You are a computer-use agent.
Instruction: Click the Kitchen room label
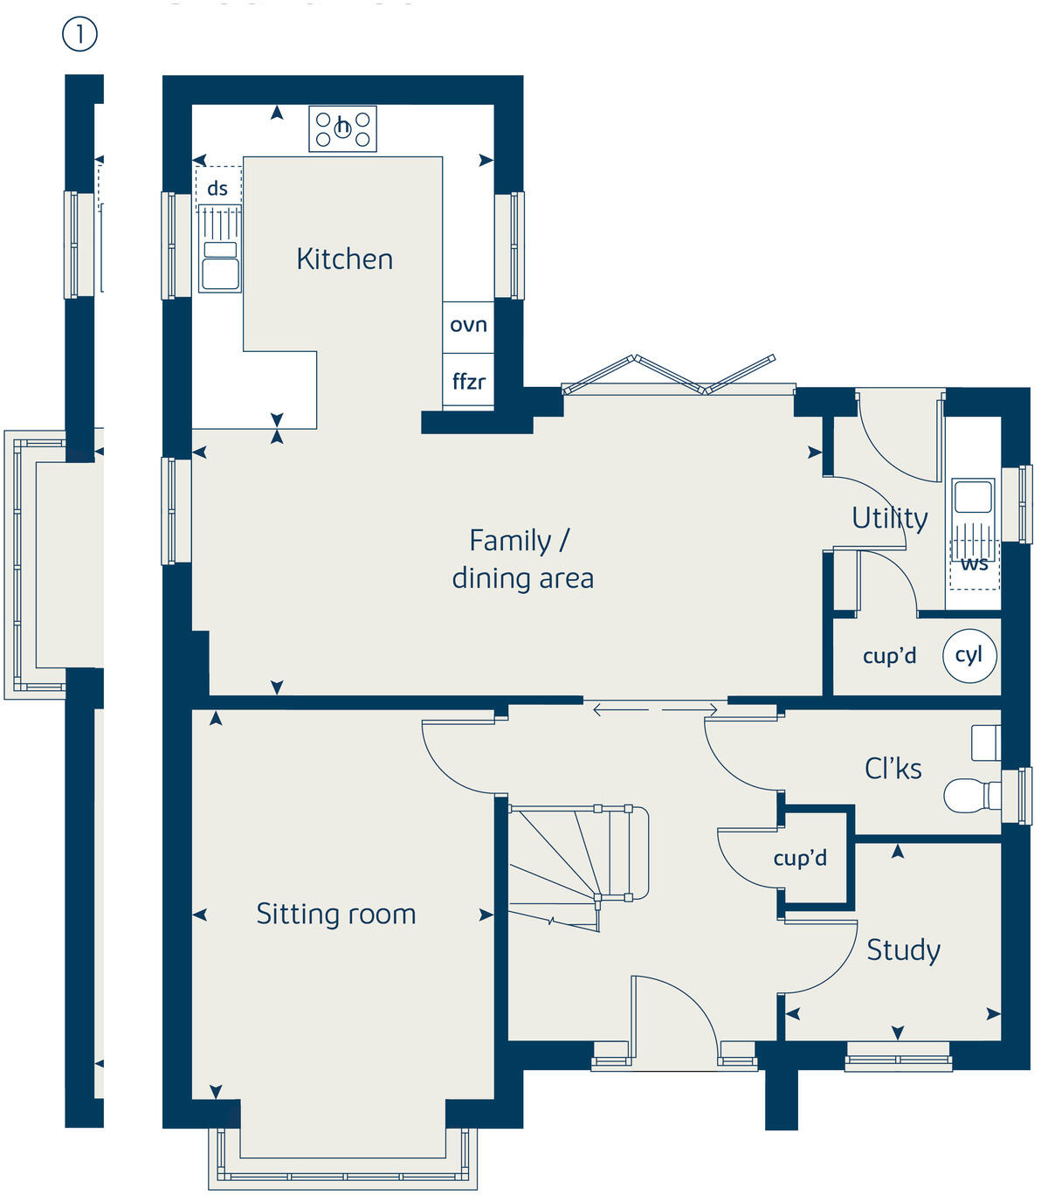pos(344,259)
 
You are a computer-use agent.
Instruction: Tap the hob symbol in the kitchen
pos(342,129)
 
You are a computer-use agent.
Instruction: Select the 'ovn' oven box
pos(468,326)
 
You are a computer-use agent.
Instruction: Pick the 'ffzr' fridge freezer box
pos(468,382)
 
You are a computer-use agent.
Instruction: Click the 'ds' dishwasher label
pos(217,188)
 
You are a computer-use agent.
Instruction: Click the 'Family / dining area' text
pos(522,559)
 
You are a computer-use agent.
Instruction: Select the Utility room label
pos(889,518)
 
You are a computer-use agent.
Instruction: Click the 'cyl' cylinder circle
pos(969,655)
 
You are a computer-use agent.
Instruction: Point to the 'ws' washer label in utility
pos(974,563)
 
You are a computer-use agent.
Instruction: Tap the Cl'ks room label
pos(893,769)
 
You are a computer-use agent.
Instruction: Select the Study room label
pos(903,950)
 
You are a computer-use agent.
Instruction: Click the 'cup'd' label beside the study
pos(799,858)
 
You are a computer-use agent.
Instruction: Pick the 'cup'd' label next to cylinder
pos(889,656)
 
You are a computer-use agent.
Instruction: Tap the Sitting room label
pos(335,915)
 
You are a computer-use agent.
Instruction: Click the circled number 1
pos(79,35)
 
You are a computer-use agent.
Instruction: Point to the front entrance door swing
pos(672,1013)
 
